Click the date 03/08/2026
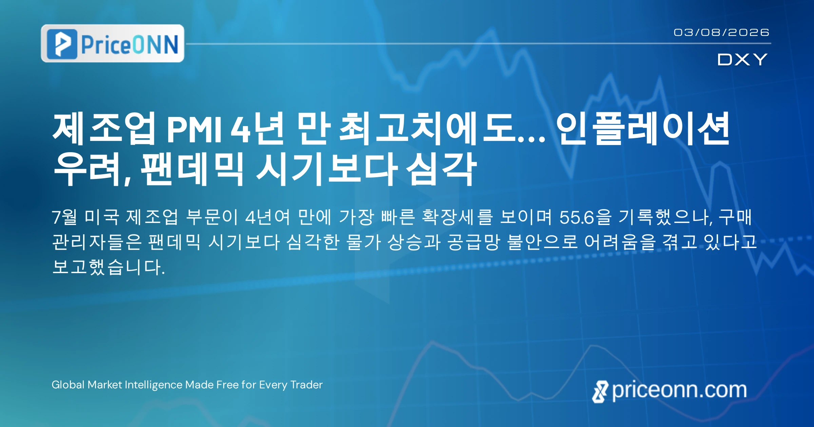click(x=721, y=33)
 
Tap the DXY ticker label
click(x=742, y=60)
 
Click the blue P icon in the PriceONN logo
click(x=62, y=44)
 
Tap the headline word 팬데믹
click(x=192, y=169)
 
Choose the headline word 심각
click(x=441, y=169)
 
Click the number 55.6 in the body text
click(x=577, y=217)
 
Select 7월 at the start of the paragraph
click(x=64, y=217)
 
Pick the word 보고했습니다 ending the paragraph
click(x=108, y=267)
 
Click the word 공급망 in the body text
click(x=474, y=242)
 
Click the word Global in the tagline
click(x=68, y=385)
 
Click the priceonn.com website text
click(x=679, y=390)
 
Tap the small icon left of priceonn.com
click(x=600, y=392)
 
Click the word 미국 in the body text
click(x=101, y=217)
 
